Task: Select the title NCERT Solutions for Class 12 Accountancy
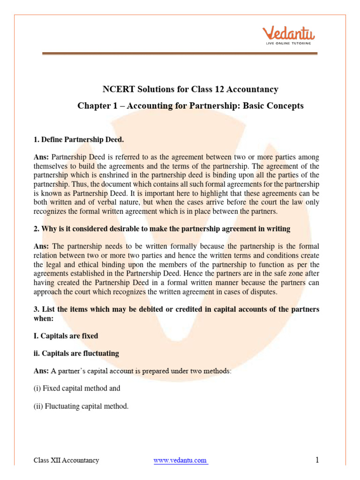click(x=190, y=89)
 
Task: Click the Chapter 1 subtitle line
click(x=190, y=106)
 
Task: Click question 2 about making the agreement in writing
click(x=162, y=229)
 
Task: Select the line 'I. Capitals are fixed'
click(x=66, y=336)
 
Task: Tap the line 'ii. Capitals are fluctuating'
click(x=76, y=353)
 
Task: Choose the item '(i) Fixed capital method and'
click(x=77, y=388)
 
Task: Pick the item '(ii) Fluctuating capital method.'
click(x=81, y=406)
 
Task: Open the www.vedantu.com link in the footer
click(x=180, y=460)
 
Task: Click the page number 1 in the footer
click(x=317, y=460)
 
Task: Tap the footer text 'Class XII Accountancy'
click(x=66, y=460)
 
